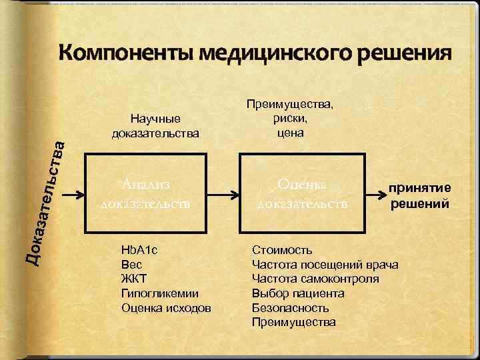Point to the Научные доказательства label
(155, 126)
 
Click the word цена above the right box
(291, 133)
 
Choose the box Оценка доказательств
(303, 193)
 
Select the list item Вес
(131, 264)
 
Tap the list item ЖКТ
(133, 279)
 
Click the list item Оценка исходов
(166, 308)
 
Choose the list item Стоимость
(282, 250)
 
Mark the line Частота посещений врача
(325, 265)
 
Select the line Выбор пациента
(298, 293)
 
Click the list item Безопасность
(291, 308)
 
